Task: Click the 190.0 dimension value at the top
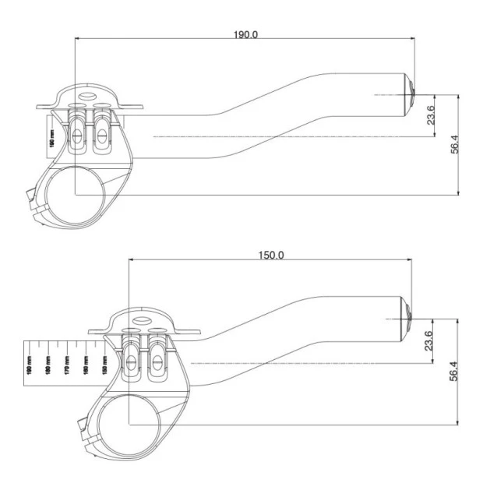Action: pos(245,35)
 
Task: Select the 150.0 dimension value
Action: pos(270,255)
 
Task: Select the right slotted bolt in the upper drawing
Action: pos(100,133)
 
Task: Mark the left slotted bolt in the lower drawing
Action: pos(134,360)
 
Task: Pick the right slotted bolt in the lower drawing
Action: pos(158,360)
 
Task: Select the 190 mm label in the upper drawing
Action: pos(53,143)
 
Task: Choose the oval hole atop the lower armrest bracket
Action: pos(142,320)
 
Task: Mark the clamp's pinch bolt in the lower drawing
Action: pos(83,429)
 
